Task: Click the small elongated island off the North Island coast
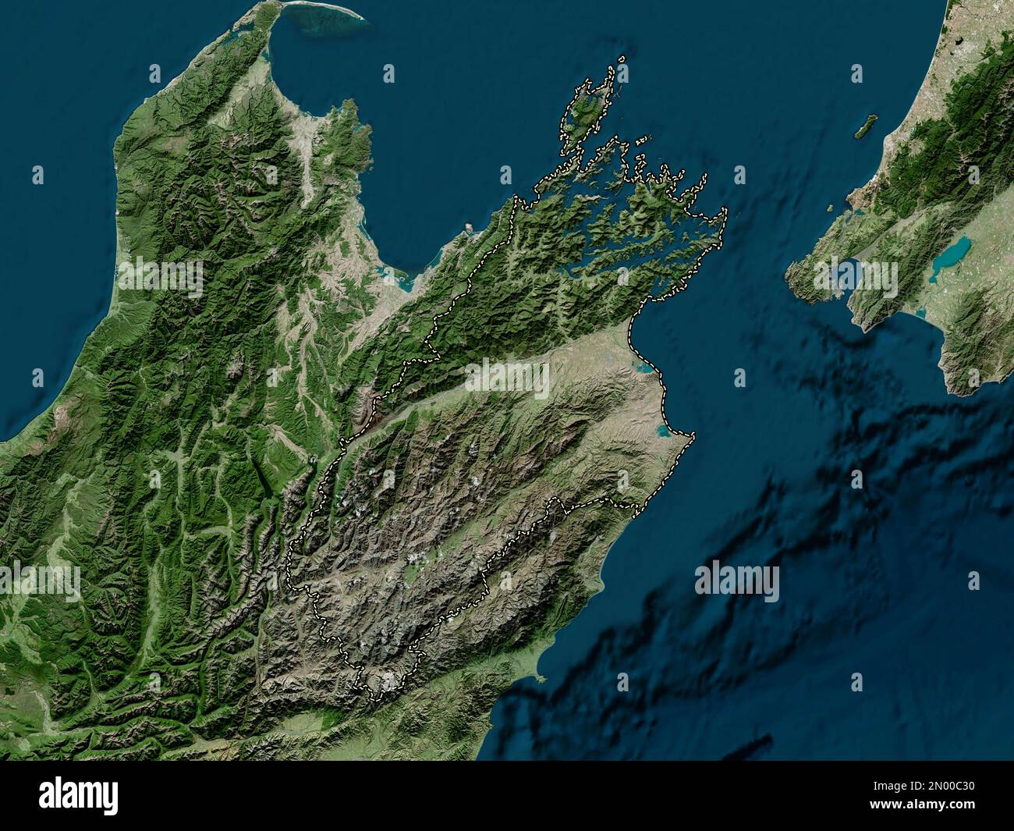coord(864,126)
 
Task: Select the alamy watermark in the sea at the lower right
coord(736,582)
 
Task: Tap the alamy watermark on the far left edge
coord(39,582)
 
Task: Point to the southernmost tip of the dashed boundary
coord(361,688)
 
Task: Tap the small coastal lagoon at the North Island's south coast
coord(920,313)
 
